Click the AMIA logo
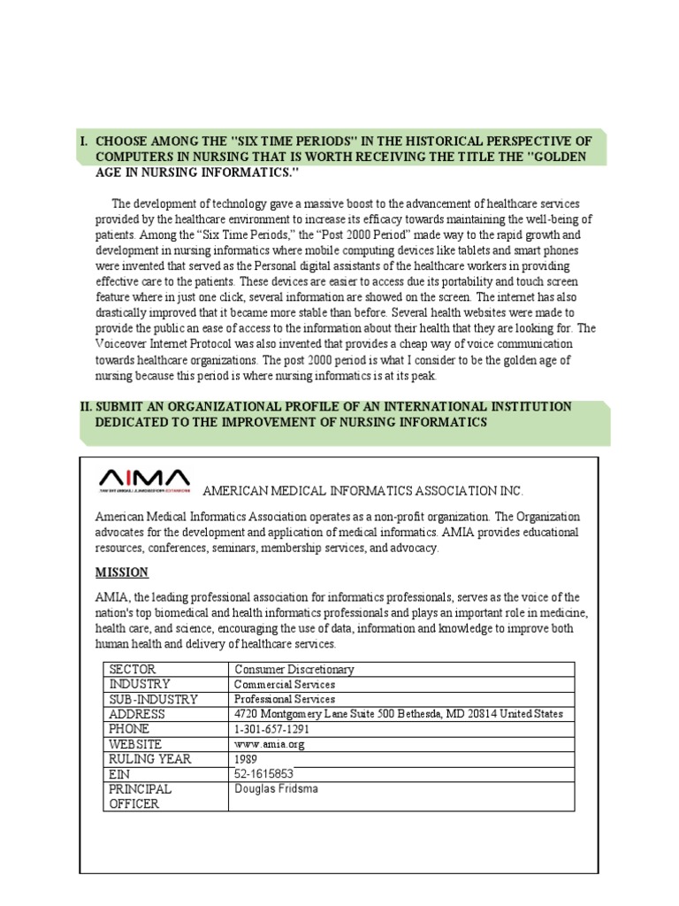pyautogui.click(x=143, y=479)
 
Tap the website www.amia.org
pyautogui.click(x=268, y=744)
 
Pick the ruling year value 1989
pyautogui.click(x=247, y=759)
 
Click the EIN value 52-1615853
pyautogui.click(x=263, y=774)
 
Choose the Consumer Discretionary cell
pyautogui.click(x=293, y=670)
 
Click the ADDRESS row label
pyautogui.click(x=136, y=714)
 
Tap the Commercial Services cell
pyautogui.click(x=284, y=685)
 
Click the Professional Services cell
pyautogui.click(x=284, y=699)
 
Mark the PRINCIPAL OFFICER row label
pyautogui.click(x=140, y=795)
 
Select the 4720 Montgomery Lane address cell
pyautogui.click(x=398, y=714)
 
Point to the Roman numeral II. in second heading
pyautogui.click(x=86, y=407)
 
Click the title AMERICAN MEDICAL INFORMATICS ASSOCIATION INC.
pyautogui.click(x=363, y=491)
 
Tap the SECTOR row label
pyautogui.click(x=131, y=670)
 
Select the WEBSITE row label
pyautogui.click(x=135, y=744)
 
